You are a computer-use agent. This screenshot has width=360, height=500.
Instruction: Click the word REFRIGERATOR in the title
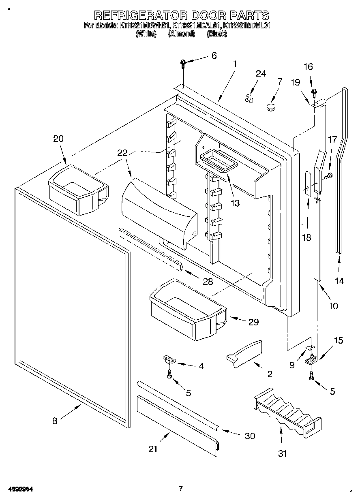click(x=140, y=15)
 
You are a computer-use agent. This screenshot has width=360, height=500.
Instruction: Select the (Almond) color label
click(x=181, y=34)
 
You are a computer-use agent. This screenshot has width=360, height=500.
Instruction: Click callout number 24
click(x=261, y=74)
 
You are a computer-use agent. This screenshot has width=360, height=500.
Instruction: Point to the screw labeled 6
click(x=183, y=62)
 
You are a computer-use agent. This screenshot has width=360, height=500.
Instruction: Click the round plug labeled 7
click(x=270, y=107)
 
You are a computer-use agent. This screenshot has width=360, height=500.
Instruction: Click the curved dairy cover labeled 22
click(x=158, y=213)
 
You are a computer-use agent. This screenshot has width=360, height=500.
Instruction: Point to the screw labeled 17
click(x=329, y=175)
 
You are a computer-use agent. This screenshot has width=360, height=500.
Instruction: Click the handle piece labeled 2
click(x=244, y=354)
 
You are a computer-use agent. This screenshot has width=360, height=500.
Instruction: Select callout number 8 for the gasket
click(x=55, y=421)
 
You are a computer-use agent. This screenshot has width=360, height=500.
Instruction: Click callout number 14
click(x=339, y=280)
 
